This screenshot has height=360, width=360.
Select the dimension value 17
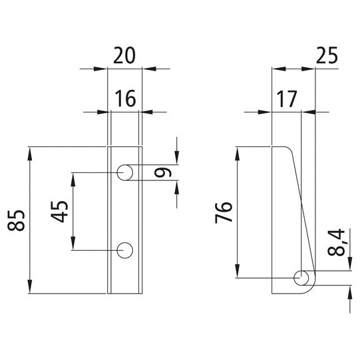(287, 99)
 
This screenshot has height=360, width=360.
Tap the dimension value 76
(224, 213)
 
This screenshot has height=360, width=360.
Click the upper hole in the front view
(125, 173)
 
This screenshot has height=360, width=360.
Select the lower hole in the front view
(125, 250)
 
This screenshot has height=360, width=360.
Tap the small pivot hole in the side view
(301, 277)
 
